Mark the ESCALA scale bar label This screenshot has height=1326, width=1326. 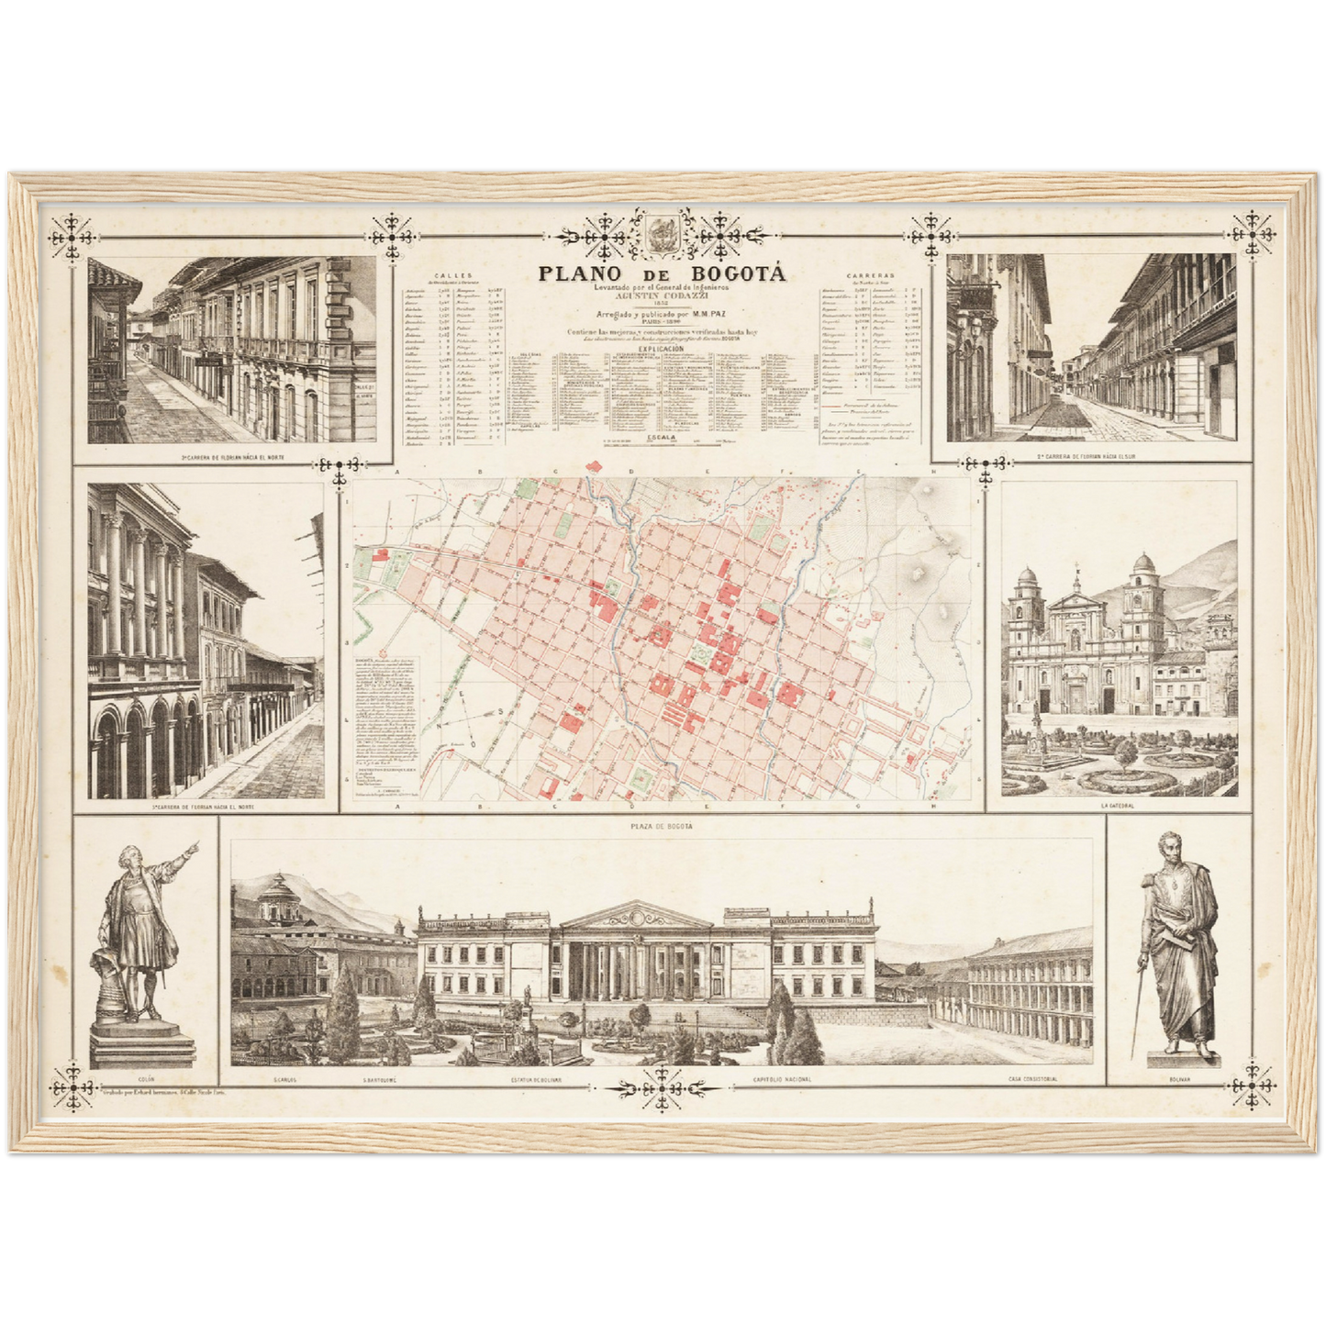tap(662, 438)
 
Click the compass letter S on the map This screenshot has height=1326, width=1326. tap(501, 712)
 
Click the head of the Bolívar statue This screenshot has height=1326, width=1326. tap(1168, 848)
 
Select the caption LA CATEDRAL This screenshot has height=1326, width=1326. tap(1118, 806)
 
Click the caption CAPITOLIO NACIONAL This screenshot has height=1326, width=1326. tap(781, 1079)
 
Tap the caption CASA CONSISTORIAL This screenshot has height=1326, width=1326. tap(1031, 1079)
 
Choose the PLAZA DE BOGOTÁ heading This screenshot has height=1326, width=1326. tap(662, 827)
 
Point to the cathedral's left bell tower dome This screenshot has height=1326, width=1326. tap(1026, 579)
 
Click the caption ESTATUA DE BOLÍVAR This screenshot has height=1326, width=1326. tap(537, 1080)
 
